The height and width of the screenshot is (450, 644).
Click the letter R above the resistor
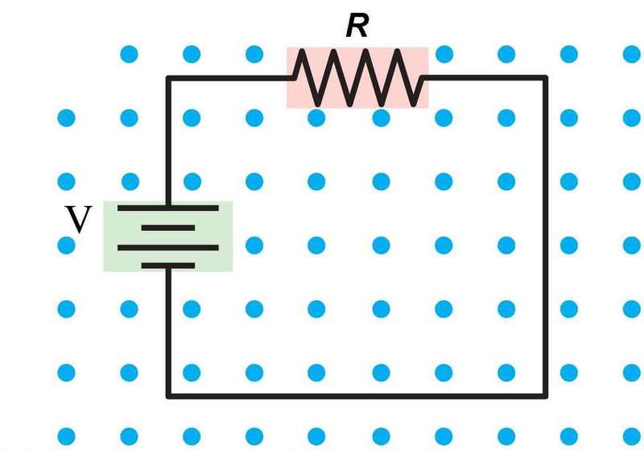tap(357, 26)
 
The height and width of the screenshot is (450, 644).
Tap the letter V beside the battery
tap(78, 219)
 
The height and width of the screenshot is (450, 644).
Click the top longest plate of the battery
tap(168, 208)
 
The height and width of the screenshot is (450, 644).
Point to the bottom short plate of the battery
tap(168, 266)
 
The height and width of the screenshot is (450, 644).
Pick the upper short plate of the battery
tap(168, 228)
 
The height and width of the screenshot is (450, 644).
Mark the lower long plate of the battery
tap(168, 248)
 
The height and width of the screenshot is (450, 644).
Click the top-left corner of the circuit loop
tap(168, 78)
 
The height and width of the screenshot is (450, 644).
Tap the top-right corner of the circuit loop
tap(546, 78)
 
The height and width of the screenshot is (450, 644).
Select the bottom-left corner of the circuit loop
tap(168, 396)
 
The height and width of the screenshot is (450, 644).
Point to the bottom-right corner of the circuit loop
tap(546, 396)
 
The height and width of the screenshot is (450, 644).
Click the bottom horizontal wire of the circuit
tap(357, 396)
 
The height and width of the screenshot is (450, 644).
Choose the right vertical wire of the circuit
tap(546, 237)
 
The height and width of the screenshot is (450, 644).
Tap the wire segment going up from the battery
tap(168, 142)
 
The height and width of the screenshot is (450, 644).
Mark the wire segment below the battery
tap(168, 332)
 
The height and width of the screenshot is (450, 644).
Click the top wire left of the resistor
tap(230, 78)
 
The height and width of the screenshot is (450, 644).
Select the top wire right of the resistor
tap(485, 78)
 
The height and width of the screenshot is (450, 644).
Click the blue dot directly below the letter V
tap(67, 246)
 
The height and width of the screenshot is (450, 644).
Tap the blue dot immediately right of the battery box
tap(254, 246)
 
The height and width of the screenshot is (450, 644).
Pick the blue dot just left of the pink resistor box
tap(254, 54)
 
